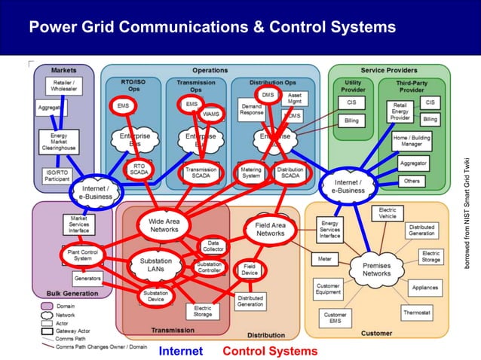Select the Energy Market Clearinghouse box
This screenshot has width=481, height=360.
pos(58,142)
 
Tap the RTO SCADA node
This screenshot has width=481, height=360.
pos(139,170)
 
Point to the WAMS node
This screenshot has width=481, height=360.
pos(211,114)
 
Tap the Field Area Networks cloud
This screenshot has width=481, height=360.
pos(270,229)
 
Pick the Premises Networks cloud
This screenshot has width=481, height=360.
pos(377,269)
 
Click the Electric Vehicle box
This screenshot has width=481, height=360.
pos(388,213)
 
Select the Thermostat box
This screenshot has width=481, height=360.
pos(416,312)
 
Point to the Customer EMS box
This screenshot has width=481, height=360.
pos(335,319)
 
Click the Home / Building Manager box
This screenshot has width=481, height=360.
pos(412,141)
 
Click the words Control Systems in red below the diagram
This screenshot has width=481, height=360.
pos(270,351)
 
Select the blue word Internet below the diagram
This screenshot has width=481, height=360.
pos(180,351)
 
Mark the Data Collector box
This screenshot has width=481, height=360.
pos(213,245)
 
